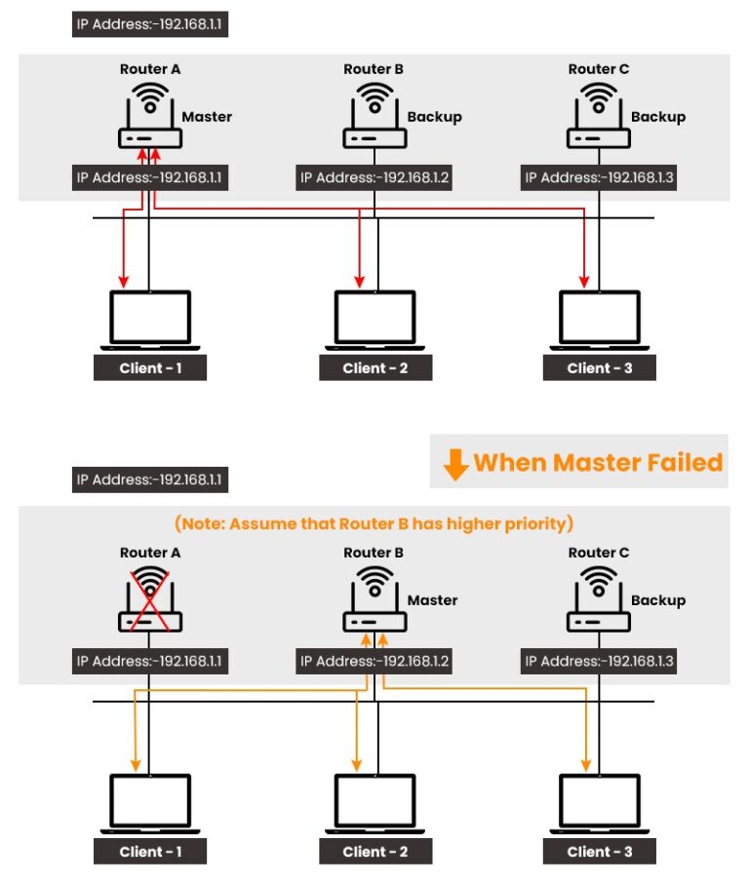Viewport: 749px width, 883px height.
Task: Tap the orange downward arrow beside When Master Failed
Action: (x=455, y=464)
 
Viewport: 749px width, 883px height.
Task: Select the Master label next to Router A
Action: (x=207, y=117)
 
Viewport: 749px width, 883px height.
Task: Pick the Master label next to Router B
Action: (x=432, y=600)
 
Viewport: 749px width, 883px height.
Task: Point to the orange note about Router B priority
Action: (x=374, y=524)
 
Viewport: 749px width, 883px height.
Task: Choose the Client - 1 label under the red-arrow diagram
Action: (x=150, y=368)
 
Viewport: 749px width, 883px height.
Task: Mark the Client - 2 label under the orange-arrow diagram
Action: (x=374, y=852)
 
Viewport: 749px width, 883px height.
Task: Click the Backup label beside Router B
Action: (x=434, y=117)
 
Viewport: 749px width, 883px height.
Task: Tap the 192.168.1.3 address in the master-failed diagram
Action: (x=599, y=662)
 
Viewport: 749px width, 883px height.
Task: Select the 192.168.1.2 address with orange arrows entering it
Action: (x=374, y=662)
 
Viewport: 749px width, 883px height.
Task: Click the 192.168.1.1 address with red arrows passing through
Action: (x=150, y=178)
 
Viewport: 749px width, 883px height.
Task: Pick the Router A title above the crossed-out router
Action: (x=150, y=553)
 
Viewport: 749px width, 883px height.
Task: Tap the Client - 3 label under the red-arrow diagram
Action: (x=599, y=368)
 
